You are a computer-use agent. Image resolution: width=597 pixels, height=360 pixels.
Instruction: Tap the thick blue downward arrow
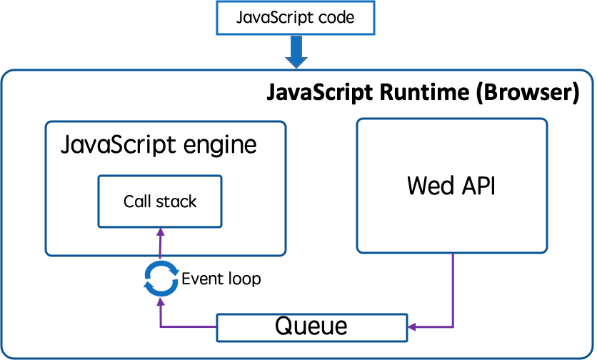(x=296, y=52)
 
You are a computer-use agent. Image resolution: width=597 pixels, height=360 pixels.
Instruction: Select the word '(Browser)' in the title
(x=528, y=93)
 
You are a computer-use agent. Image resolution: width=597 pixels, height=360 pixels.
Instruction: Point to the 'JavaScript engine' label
(x=159, y=145)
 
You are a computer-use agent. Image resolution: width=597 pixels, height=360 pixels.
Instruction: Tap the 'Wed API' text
(x=451, y=186)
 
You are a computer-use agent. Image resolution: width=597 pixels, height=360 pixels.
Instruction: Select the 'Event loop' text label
(x=221, y=279)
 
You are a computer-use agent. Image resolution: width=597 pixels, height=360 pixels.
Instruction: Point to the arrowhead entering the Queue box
(x=411, y=327)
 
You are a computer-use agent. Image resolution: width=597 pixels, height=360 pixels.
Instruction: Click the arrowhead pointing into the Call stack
(x=161, y=231)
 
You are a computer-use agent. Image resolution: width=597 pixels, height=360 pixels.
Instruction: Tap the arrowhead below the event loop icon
(x=161, y=301)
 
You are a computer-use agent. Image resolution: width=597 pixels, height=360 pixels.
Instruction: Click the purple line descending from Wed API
(x=453, y=290)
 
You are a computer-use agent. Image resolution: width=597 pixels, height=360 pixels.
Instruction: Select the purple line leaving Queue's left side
(x=189, y=326)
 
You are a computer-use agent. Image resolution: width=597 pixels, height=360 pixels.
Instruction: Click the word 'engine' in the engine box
(x=220, y=146)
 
